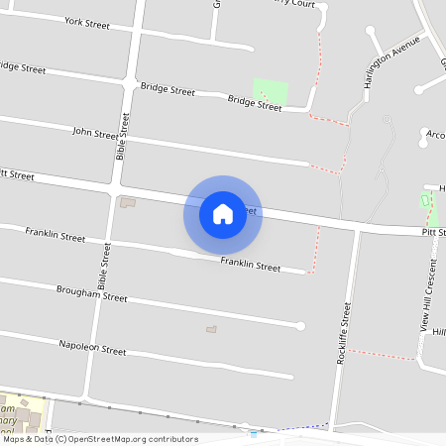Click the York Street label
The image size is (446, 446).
pyautogui.click(x=86, y=21)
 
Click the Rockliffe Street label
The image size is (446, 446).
pyautogui.click(x=344, y=336)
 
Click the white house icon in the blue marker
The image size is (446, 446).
pyautogui.click(x=223, y=214)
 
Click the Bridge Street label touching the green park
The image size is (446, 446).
pyautogui.click(x=255, y=102)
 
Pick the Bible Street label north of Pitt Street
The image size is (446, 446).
pyautogui.click(x=123, y=137)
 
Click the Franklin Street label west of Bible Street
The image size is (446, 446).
pyautogui.click(x=56, y=238)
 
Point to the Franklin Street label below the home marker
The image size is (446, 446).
pyautogui.click(x=250, y=265)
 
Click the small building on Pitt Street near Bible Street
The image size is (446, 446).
pyautogui.click(x=127, y=202)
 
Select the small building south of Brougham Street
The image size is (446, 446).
pyautogui.click(x=210, y=329)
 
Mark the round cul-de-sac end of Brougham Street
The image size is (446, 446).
pyautogui.click(x=301, y=326)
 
